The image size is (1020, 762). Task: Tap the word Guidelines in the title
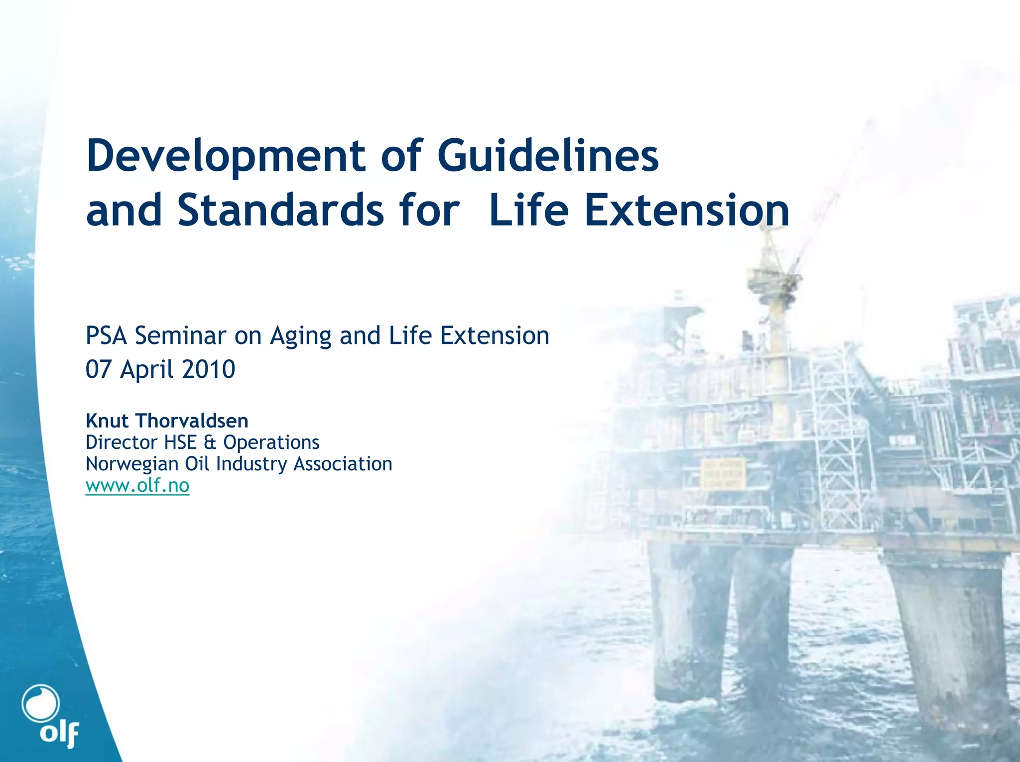coord(548,156)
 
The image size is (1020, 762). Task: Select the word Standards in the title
coord(280,210)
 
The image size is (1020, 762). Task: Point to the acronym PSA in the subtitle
coord(107,335)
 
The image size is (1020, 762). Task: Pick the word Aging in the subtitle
coord(300,336)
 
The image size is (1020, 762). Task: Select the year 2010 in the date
coord(208,369)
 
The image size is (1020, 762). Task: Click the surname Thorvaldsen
coord(192,421)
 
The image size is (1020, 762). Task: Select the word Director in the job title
coord(122,442)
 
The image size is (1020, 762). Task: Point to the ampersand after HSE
coord(210,442)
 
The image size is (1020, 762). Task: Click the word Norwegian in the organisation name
coord(132,464)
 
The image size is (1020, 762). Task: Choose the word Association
coord(343,464)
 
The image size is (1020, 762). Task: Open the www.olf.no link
coord(137,485)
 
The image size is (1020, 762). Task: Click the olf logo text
coord(59,733)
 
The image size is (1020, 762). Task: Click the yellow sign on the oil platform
coord(724,474)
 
